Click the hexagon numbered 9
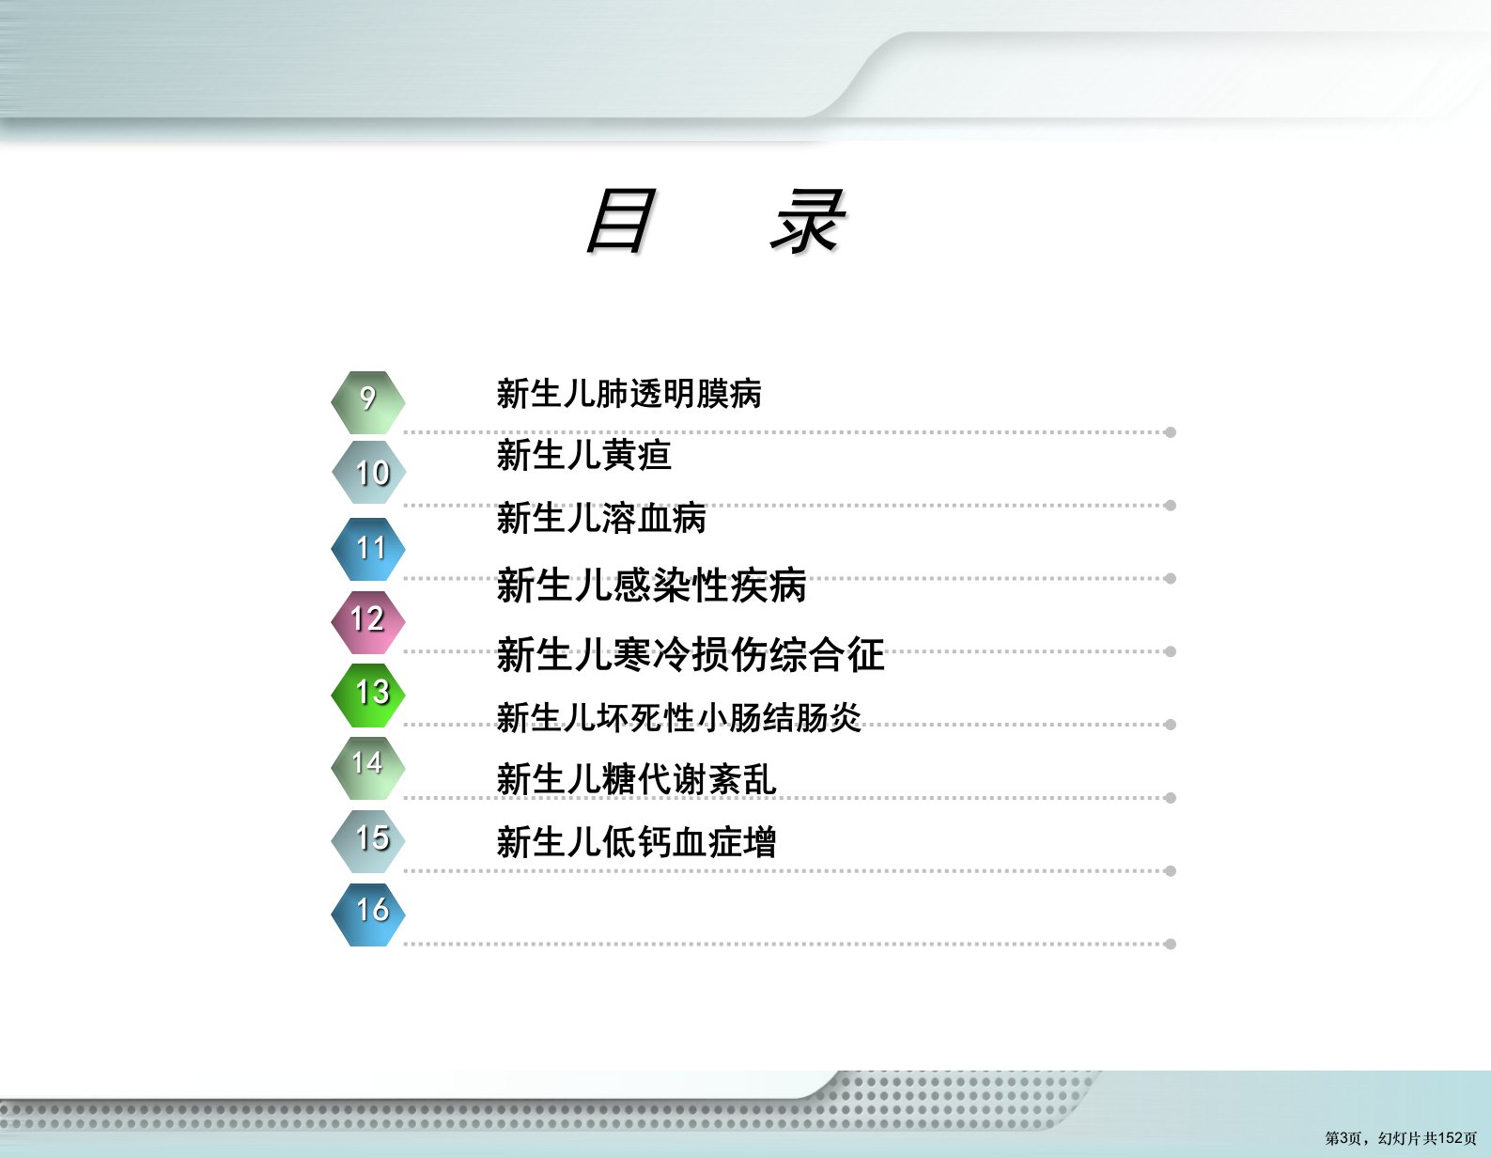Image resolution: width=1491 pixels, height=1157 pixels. point(367,403)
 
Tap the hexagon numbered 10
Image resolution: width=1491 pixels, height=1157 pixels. point(367,472)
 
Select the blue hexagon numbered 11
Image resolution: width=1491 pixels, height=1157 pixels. point(367,549)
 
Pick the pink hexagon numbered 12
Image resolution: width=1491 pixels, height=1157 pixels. point(367,621)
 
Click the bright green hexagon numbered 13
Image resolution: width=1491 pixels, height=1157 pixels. point(367,696)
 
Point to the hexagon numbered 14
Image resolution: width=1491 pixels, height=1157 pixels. point(367,768)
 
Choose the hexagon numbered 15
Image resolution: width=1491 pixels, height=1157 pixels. point(367,841)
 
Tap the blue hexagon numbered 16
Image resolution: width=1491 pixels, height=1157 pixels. point(367,915)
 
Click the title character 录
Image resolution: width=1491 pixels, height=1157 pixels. point(808,220)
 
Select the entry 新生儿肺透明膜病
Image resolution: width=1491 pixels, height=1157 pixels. point(629,394)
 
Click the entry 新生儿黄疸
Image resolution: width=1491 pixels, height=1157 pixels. point(583,455)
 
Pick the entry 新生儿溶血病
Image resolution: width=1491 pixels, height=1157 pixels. point(601,518)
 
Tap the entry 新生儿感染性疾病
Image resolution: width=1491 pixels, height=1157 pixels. point(651,585)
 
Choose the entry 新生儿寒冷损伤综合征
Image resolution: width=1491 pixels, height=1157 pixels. point(691,653)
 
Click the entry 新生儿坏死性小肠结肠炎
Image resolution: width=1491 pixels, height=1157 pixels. point(678,717)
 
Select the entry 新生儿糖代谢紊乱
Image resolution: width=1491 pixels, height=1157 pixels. point(636,779)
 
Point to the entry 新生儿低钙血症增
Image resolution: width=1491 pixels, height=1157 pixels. point(636,841)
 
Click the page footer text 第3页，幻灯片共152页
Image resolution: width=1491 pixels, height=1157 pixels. point(1401,1138)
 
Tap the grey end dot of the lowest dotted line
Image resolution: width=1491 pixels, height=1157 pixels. point(1171,945)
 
